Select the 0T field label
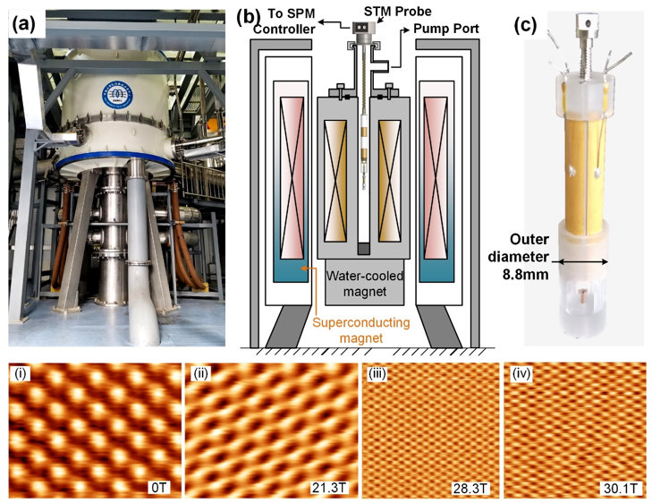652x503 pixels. (x=158, y=487)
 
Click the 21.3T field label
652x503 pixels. (x=331, y=487)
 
